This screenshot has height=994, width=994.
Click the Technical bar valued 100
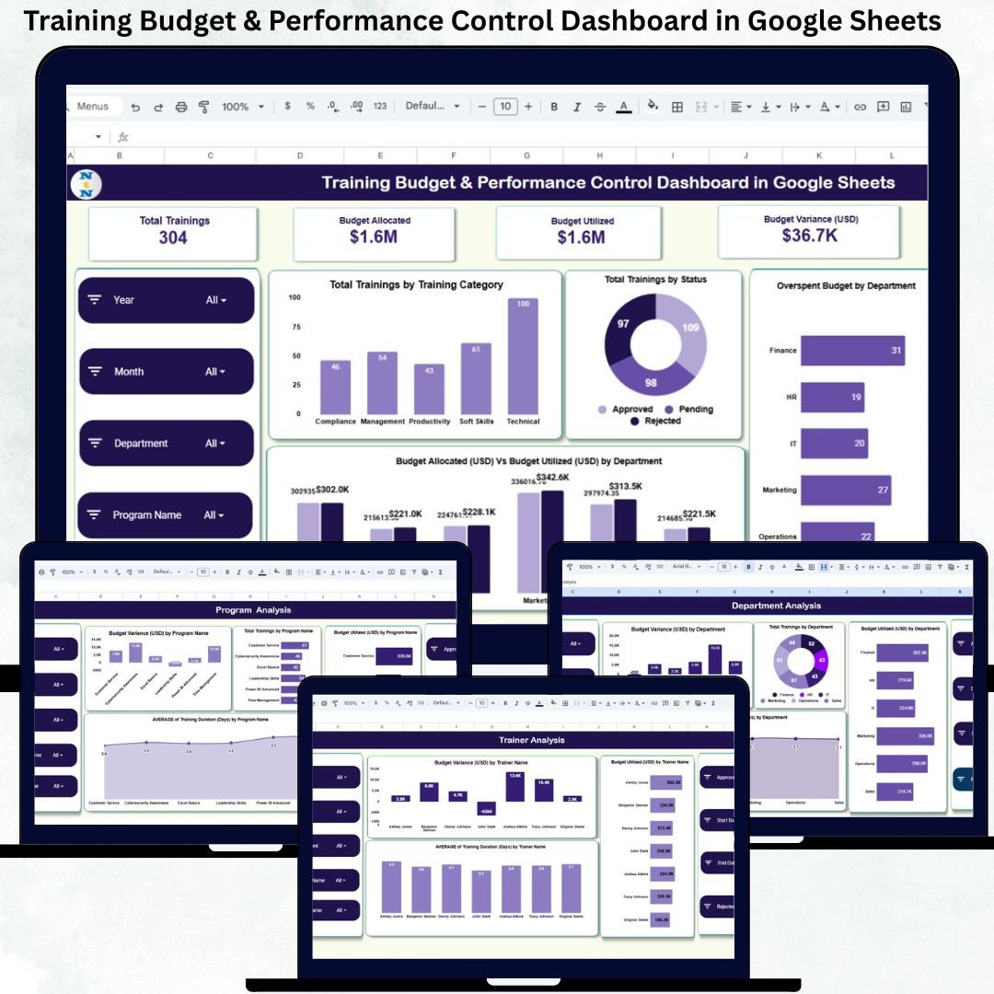point(522,356)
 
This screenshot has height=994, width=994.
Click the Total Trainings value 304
point(173,237)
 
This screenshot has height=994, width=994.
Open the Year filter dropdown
point(166,300)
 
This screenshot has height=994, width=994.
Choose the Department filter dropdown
point(166,444)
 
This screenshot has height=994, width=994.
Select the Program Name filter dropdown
point(166,515)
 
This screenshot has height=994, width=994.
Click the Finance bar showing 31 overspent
point(852,351)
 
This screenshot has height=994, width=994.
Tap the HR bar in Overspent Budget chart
point(832,398)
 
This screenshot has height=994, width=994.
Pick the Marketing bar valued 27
point(846,491)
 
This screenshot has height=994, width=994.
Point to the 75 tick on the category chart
point(295,327)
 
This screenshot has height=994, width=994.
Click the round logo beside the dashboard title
point(86,183)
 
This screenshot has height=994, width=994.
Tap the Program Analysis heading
point(253,610)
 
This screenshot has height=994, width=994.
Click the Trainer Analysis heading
point(532,740)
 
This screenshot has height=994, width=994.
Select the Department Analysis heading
point(776,606)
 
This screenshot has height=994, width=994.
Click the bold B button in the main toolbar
point(554,107)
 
